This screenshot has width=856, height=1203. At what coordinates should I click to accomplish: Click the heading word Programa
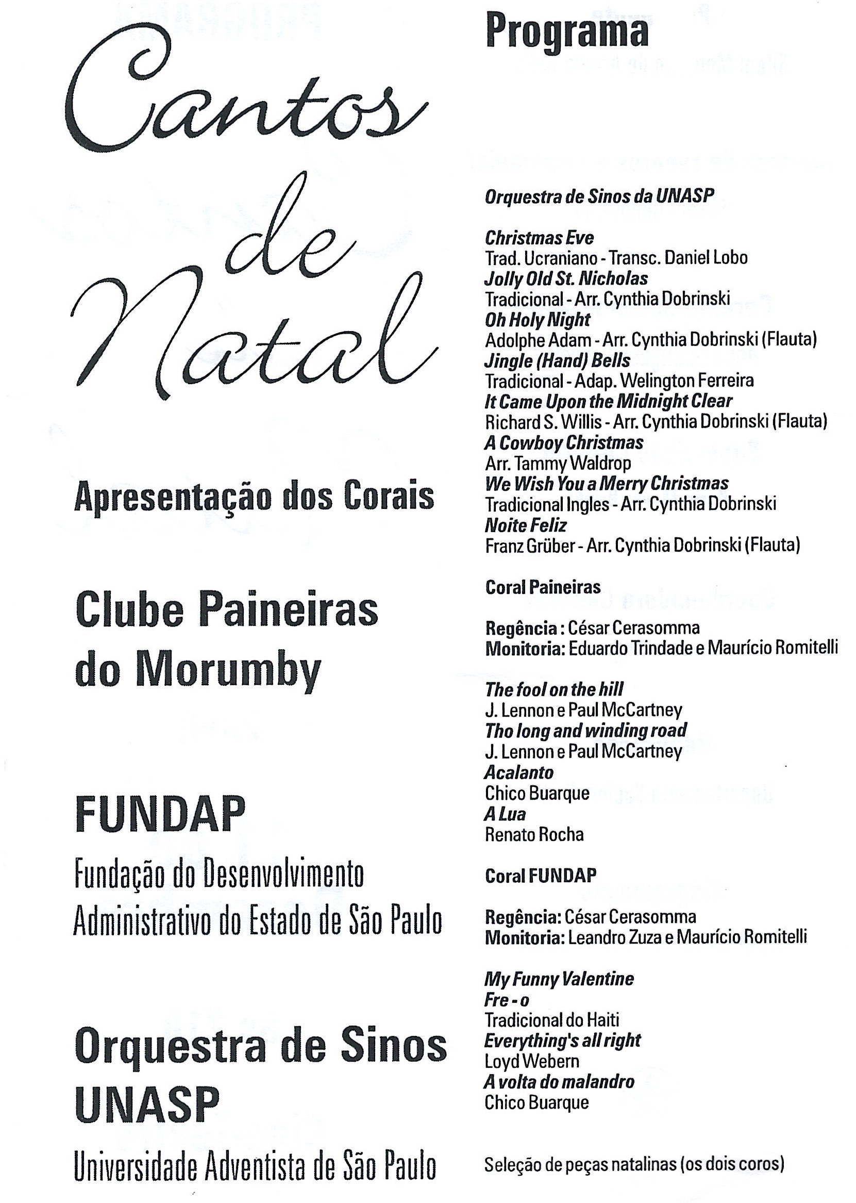[566, 32]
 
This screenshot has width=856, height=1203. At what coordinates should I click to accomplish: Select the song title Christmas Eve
[539, 238]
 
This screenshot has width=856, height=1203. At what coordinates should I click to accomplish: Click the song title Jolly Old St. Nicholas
[566, 278]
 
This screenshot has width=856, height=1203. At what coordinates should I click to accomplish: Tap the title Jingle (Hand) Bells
[557, 361]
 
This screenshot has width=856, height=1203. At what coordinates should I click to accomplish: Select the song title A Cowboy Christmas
[564, 442]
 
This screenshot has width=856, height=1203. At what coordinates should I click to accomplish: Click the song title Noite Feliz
[526, 525]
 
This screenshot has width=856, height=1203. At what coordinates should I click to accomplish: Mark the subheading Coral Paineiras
[543, 587]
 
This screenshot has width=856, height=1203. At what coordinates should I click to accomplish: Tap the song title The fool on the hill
[554, 689]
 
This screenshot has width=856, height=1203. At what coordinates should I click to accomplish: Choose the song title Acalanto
[519, 772]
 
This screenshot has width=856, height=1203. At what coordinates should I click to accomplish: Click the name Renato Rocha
[534, 834]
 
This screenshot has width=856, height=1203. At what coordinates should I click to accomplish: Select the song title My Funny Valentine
[559, 979]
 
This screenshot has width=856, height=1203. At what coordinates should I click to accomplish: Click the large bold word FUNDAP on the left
[160, 814]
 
